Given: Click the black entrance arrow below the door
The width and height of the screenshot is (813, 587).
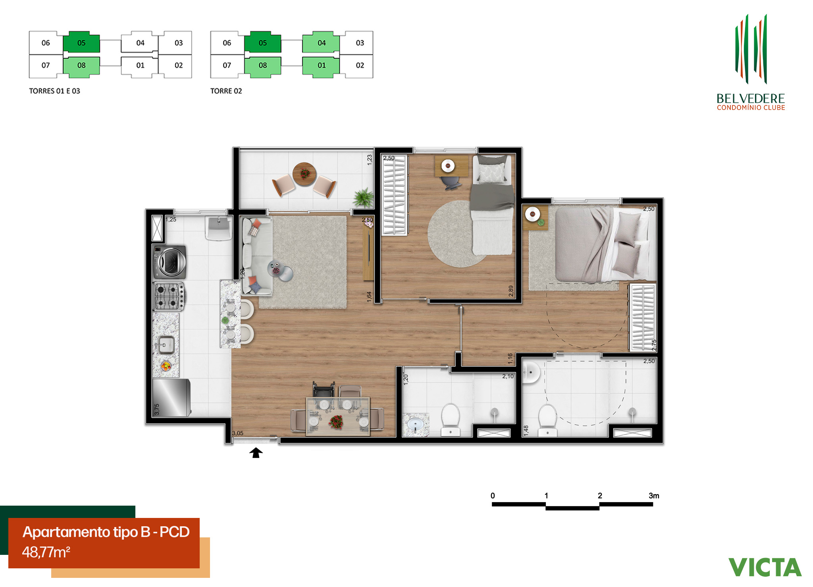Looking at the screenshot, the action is (x=256, y=453).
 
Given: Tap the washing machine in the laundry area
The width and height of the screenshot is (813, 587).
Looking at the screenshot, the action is (x=170, y=261).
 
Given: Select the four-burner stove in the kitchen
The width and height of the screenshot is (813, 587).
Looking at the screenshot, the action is (x=169, y=296).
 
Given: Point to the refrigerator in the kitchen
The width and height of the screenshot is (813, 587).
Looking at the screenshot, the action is (x=171, y=397).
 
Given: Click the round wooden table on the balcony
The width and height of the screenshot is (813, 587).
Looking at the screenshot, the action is (x=304, y=174).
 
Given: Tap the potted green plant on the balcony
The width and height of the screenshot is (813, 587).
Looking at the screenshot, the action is (x=364, y=197).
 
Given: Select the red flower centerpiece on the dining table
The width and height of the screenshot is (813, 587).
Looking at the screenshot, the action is (x=336, y=421).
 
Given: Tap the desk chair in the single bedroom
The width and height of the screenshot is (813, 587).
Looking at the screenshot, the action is (x=451, y=183).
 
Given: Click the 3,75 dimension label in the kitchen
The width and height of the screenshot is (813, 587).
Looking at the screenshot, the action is (x=157, y=409).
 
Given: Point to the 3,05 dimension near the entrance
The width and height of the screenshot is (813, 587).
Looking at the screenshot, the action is (x=237, y=433).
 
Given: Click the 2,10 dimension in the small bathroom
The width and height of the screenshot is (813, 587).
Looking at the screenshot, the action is (x=508, y=376).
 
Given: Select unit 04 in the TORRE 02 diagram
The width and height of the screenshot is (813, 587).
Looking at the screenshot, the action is (x=321, y=43).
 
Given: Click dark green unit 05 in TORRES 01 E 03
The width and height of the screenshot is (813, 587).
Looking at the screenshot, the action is (x=81, y=42).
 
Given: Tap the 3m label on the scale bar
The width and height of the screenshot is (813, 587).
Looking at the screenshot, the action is (x=654, y=496).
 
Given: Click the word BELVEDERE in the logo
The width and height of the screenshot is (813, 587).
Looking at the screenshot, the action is (x=751, y=98).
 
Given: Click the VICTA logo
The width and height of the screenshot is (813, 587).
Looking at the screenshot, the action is (x=765, y=567).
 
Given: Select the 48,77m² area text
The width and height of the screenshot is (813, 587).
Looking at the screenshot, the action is (x=46, y=552).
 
